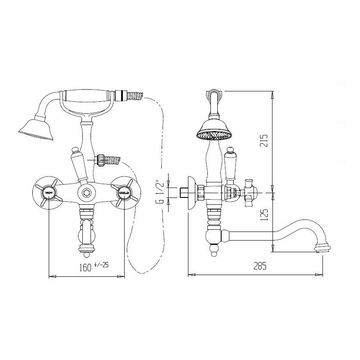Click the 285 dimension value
pos(260,266)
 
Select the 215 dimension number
pos(264,141)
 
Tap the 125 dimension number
pos(264,215)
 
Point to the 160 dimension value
pos(85,268)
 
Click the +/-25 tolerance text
pos(101,266)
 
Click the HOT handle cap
pos(48,192)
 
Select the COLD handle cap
pos(125,192)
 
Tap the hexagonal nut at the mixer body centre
pos(86,192)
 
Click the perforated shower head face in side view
pos(213,136)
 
